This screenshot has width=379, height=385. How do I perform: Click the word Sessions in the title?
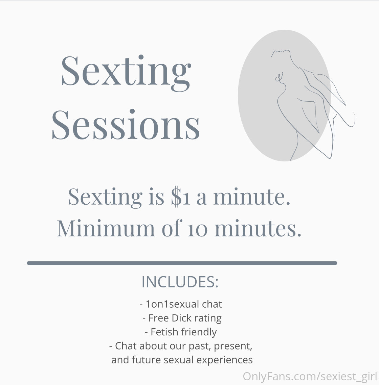(x=126, y=125)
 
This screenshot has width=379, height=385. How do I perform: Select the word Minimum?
(x=106, y=228)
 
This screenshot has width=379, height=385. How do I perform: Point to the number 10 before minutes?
(x=197, y=230)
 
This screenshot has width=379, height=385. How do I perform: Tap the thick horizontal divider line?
(x=182, y=263)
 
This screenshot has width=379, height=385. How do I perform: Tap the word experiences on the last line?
(x=224, y=360)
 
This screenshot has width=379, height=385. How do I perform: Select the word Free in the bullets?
(x=159, y=318)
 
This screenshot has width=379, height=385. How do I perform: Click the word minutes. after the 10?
(x=258, y=228)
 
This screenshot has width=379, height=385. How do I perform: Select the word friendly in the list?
(x=199, y=332)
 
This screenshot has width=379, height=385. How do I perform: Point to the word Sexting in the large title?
(x=126, y=72)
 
